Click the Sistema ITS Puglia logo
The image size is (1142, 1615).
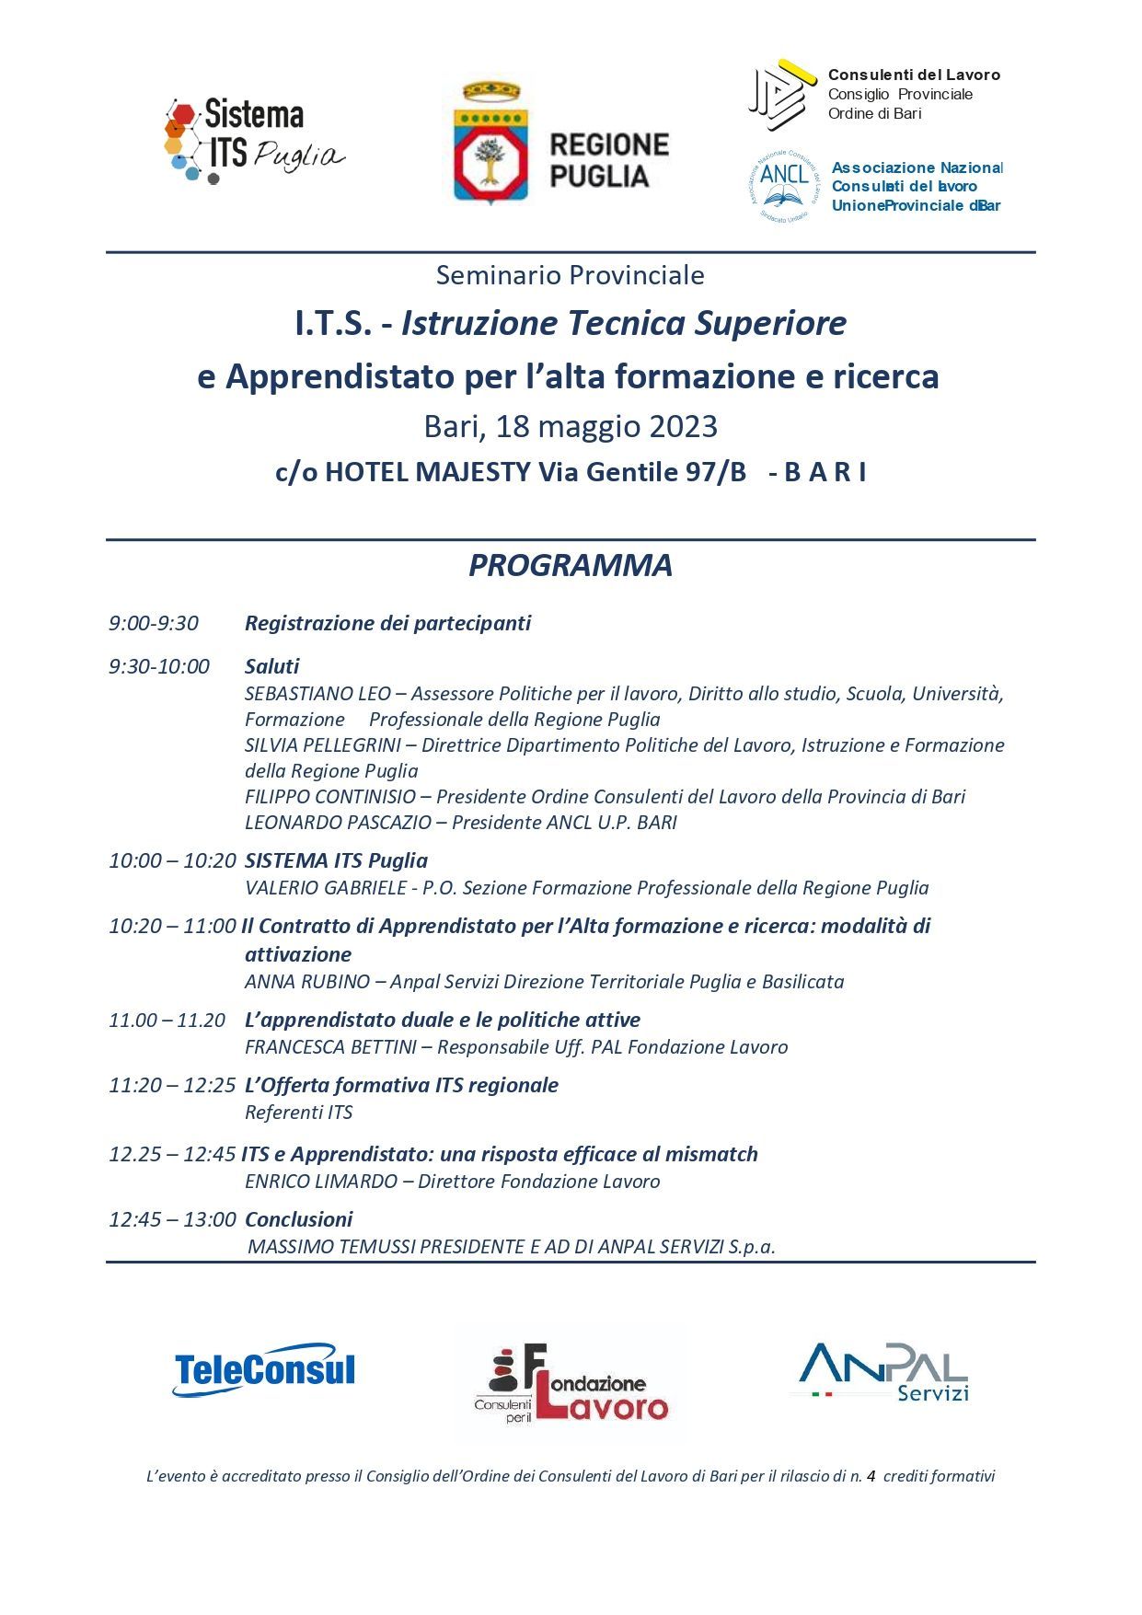tap(254, 141)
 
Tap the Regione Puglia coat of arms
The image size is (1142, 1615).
tap(490, 143)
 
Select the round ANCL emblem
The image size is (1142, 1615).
tap(784, 187)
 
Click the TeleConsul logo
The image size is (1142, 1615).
tap(265, 1369)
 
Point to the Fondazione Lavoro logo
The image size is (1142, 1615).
tap(571, 1383)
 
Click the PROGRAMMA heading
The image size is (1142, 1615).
tap(571, 565)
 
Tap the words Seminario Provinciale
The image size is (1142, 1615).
tap(571, 275)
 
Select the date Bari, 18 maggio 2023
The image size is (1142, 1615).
tap(571, 427)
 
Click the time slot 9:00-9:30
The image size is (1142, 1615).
tap(154, 623)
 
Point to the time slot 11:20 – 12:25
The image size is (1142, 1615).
tap(172, 1085)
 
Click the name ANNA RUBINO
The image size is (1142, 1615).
tap(307, 981)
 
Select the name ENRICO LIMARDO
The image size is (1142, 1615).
tap(321, 1181)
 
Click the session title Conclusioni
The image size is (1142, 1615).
tap(298, 1219)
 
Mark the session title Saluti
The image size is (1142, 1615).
tap(271, 666)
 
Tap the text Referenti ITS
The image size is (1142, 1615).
tap(299, 1112)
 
